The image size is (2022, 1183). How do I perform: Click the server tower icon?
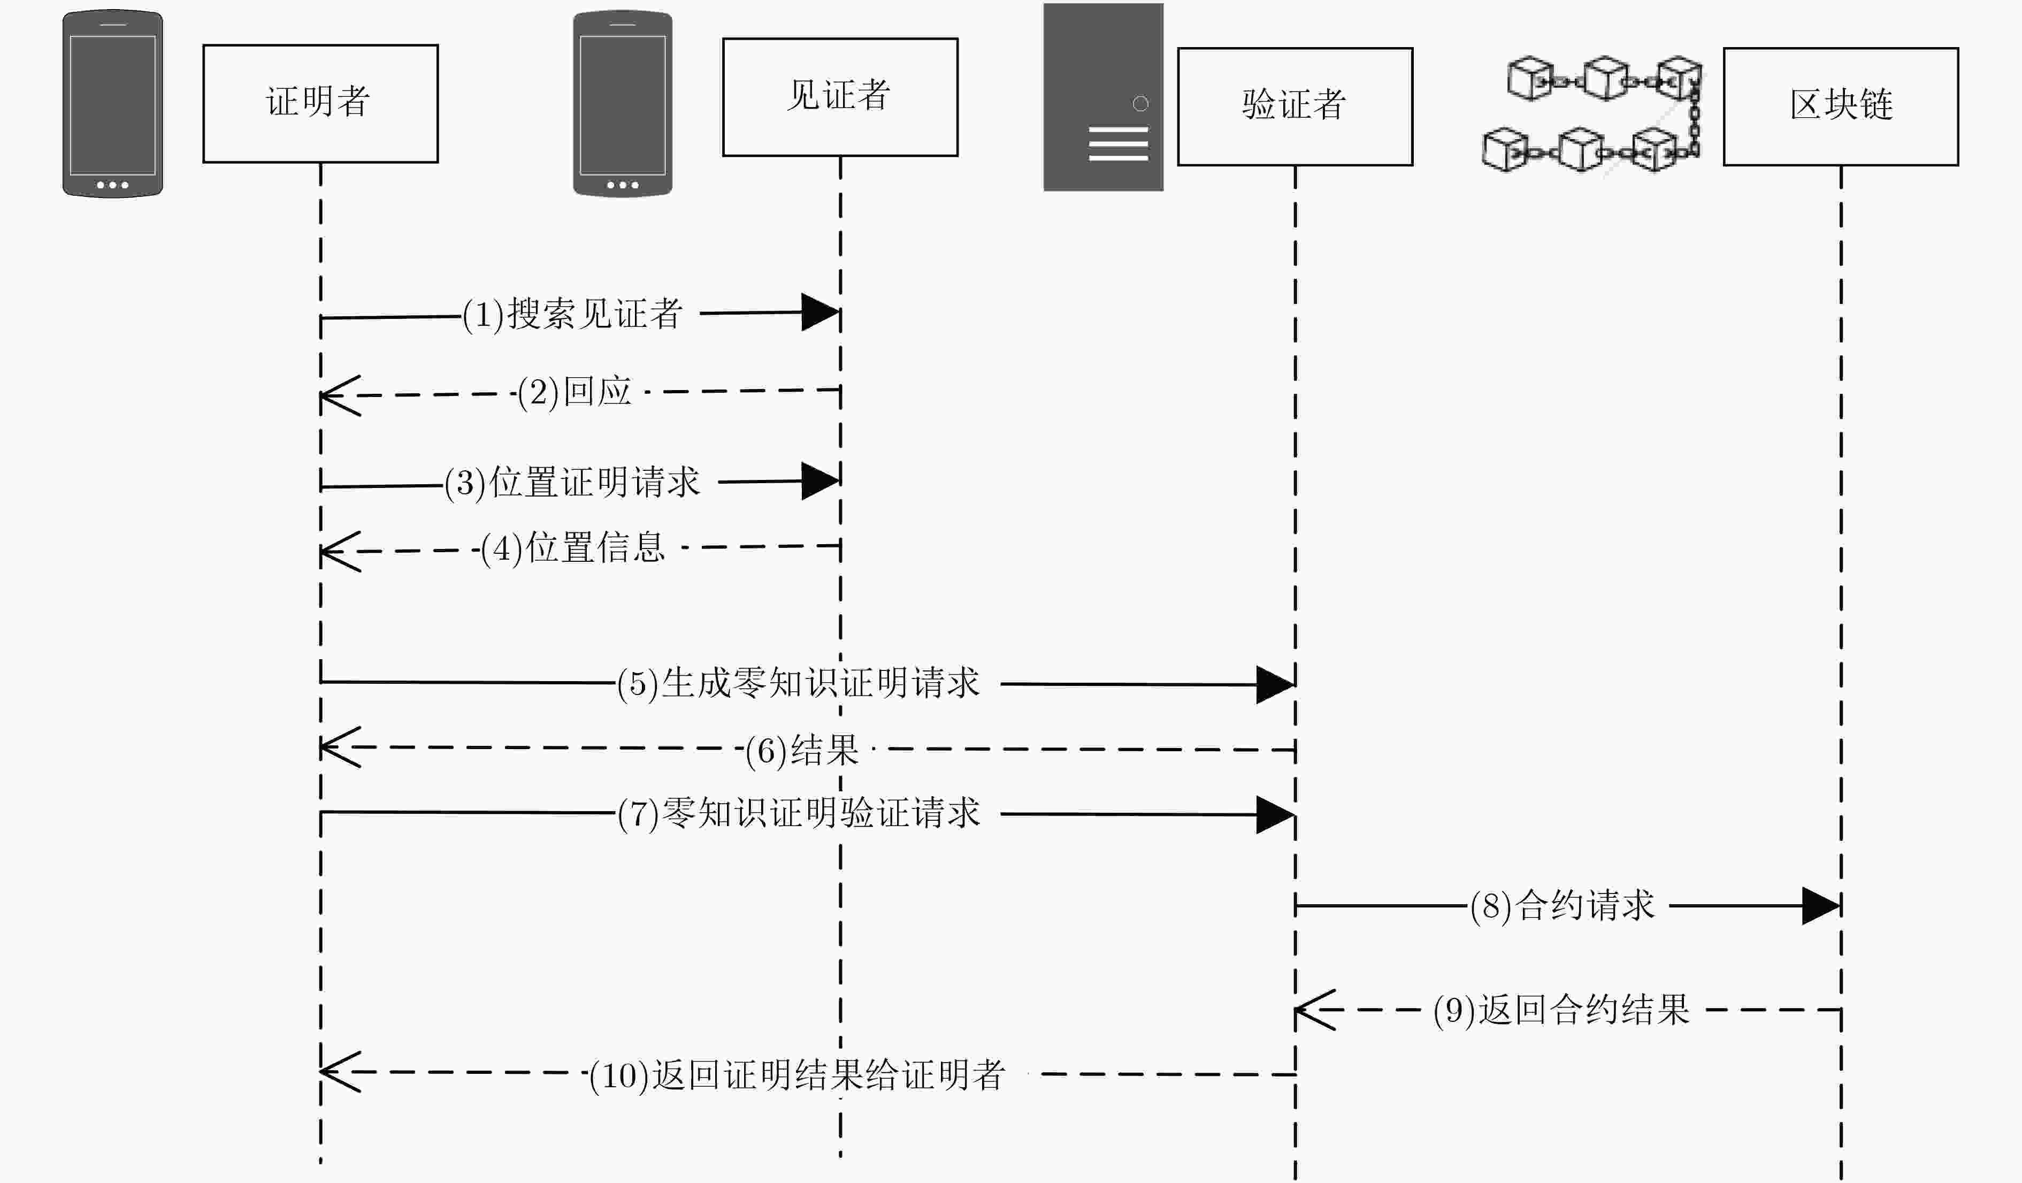coord(1103,97)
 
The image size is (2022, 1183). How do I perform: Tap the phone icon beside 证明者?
coord(113,104)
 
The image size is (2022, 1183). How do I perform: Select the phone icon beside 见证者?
coord(623,104)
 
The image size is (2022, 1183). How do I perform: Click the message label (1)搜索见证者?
coord(572,314)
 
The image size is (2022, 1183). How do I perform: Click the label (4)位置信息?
coord(573,548)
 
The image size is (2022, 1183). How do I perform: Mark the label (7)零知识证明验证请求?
coord(798,814)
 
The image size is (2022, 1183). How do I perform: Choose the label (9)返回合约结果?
coord(1561,1010)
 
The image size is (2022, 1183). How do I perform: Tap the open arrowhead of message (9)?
coord(1314,1010)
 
